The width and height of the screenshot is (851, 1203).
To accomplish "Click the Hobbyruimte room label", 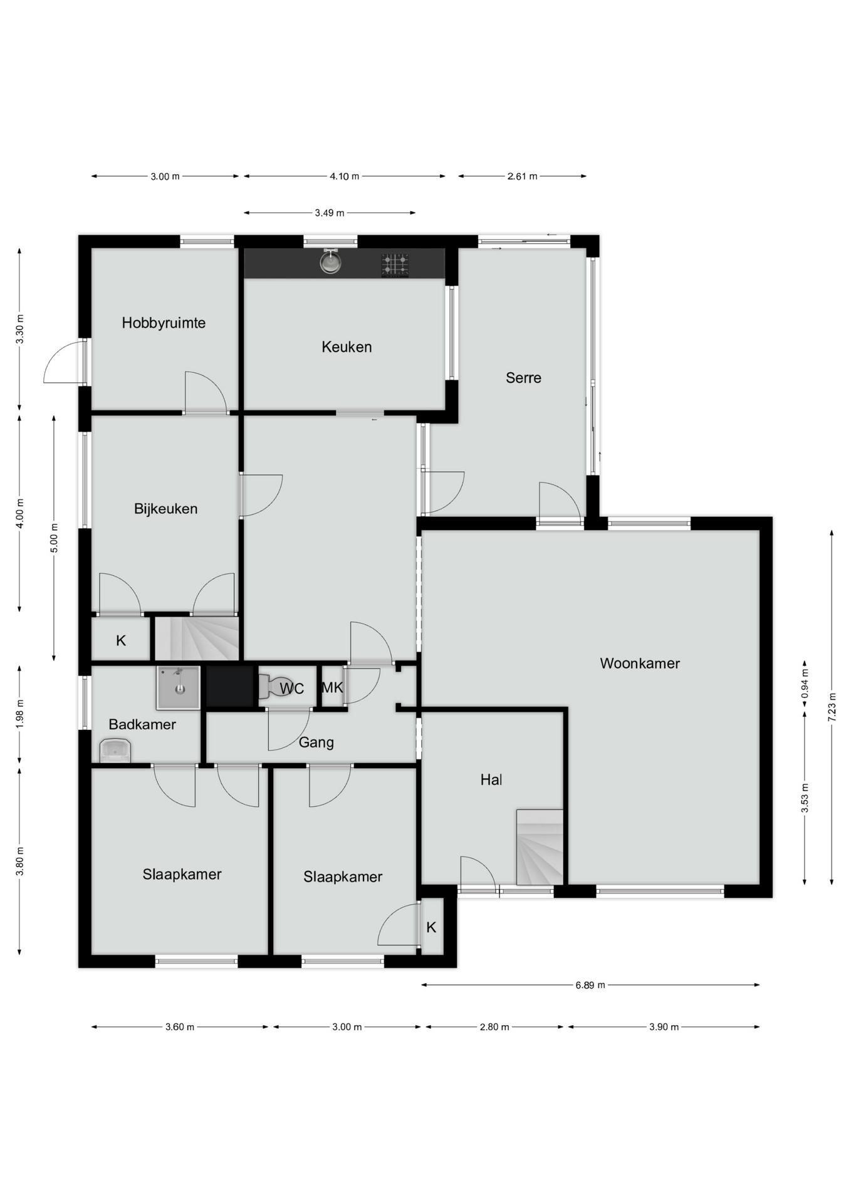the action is [x=164, y=323].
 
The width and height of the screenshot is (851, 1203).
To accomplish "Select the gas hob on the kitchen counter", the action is [x=395, y=265].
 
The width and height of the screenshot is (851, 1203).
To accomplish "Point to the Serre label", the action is [x=523, y=378].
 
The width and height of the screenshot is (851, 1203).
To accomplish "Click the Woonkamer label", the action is [x=640, y=664].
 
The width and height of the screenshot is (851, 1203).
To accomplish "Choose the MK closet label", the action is [x=332, y=687].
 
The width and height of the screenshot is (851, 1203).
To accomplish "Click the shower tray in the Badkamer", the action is [x=179, y=687].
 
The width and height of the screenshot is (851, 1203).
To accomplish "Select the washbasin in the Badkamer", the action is [x=115, y=751].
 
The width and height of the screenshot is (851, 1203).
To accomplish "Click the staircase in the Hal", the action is [x=540, y=847].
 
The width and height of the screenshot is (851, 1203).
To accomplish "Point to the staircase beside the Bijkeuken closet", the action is [x=197, y=638].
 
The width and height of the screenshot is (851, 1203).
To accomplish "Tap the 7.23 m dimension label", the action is [x=832, y=707].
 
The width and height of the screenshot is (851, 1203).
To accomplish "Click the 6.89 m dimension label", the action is [x=590, y=985].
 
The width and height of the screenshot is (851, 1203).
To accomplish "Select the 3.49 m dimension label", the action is [x=330, y=213].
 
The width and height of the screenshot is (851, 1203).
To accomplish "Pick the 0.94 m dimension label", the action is [x=805, y=684].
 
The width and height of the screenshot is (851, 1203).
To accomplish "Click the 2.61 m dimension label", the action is [x=523, y=177].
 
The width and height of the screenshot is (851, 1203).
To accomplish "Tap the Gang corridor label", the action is [x=316, y=743].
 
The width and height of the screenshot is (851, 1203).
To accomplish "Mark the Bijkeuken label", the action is [x=165, y=509].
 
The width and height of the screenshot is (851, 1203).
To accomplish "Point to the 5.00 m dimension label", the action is [x=54, y=538].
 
